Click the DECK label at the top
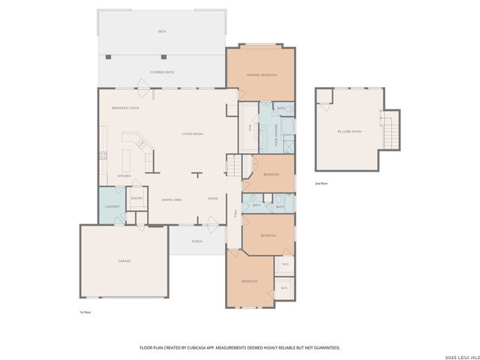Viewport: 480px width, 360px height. [x=161, y=31]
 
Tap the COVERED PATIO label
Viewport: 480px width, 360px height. [x=161, y=72]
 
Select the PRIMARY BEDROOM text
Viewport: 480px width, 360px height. [x=262, y=75]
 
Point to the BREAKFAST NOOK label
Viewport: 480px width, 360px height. [x=125, y=108]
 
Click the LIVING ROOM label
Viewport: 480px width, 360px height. [x=193, y=133]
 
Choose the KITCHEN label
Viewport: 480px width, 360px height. [x=124, y=176]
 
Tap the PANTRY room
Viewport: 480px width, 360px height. [x=137, y=198]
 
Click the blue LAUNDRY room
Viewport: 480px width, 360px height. [x=112, y=206]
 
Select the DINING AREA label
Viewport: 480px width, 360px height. [x=172, y=199]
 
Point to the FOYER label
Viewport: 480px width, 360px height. [x=213, y=199]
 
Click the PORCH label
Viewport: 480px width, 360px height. [x=197, y=241]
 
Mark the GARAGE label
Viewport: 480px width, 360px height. [x=124, y=261]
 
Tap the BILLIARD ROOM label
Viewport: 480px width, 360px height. [x=349, y=131]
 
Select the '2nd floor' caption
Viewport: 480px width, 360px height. [x=321, y=182]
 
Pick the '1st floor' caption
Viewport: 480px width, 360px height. [x=85, y=311]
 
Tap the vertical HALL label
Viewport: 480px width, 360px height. [x=235, y=214]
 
